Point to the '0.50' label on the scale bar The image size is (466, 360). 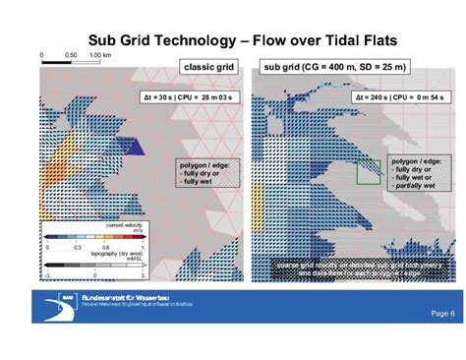point(72,54)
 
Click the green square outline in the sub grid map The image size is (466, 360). point(369,174)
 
